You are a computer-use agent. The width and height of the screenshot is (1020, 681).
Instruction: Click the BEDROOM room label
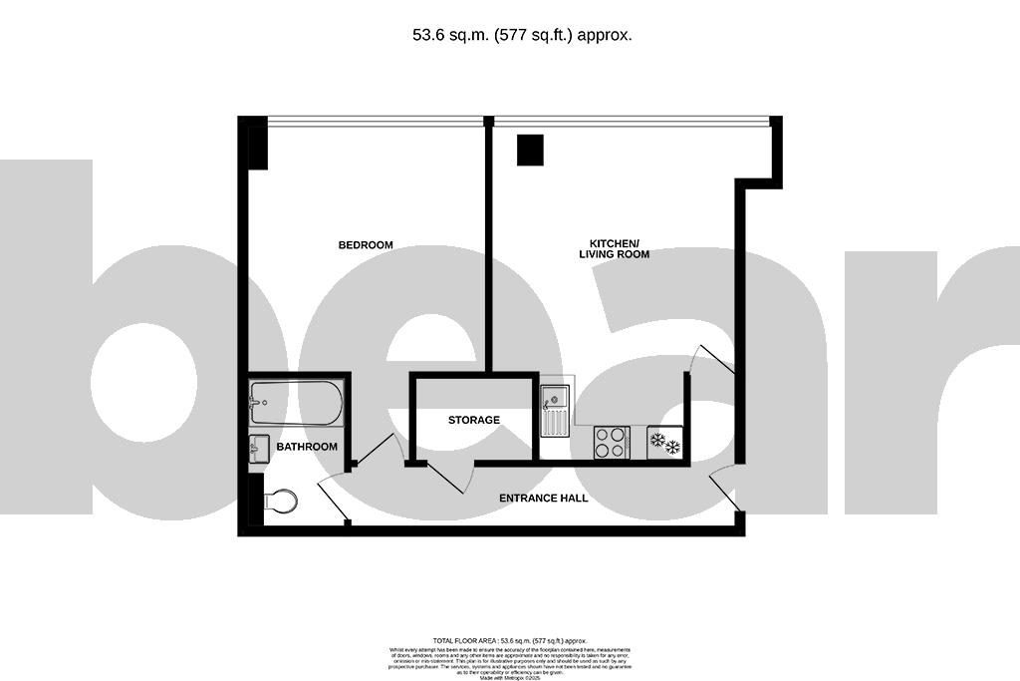click(366, 245)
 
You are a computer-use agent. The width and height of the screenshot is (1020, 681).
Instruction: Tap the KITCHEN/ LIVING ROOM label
click(614, 249)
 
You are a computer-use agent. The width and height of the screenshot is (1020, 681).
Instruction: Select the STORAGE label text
click(473, 420)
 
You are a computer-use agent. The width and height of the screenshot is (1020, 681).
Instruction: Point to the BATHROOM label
click(307, 447)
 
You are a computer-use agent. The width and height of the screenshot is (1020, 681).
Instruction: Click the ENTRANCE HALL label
click(543, 498)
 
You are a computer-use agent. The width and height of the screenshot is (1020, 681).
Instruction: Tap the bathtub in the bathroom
click(296, 404)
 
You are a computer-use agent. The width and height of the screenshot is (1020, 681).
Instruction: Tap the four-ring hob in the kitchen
click(612, 443)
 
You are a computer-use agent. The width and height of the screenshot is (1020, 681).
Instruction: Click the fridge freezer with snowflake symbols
click(665, 443)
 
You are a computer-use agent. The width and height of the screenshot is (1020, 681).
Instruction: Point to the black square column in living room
click(529, 150)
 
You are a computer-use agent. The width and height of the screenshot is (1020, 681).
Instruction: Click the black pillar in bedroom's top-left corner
click(255, 143)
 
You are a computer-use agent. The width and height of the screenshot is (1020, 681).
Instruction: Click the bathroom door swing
click(333, 500)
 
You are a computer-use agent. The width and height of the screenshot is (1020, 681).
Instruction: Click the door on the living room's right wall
click(714, 360)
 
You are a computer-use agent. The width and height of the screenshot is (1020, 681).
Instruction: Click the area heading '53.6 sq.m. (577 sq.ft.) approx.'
click(522, 35)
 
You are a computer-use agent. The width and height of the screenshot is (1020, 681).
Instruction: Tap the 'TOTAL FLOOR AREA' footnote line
click(509, 640)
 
